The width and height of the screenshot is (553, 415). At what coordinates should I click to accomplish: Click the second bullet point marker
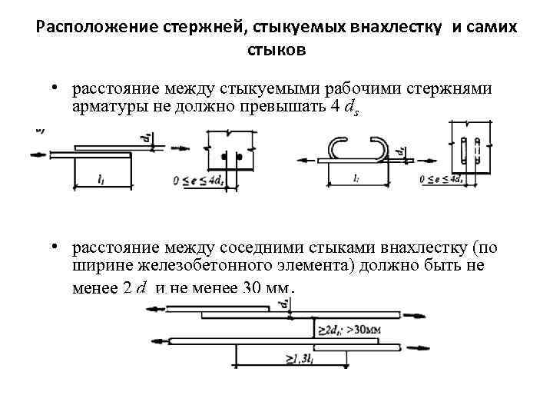(x=58, y=247)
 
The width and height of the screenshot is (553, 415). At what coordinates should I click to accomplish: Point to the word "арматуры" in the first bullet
(x=108, y=107)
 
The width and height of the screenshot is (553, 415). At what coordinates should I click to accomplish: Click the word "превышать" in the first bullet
(x=273, y=107)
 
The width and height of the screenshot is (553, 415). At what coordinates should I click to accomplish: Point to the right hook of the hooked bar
(x=381, y=148)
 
